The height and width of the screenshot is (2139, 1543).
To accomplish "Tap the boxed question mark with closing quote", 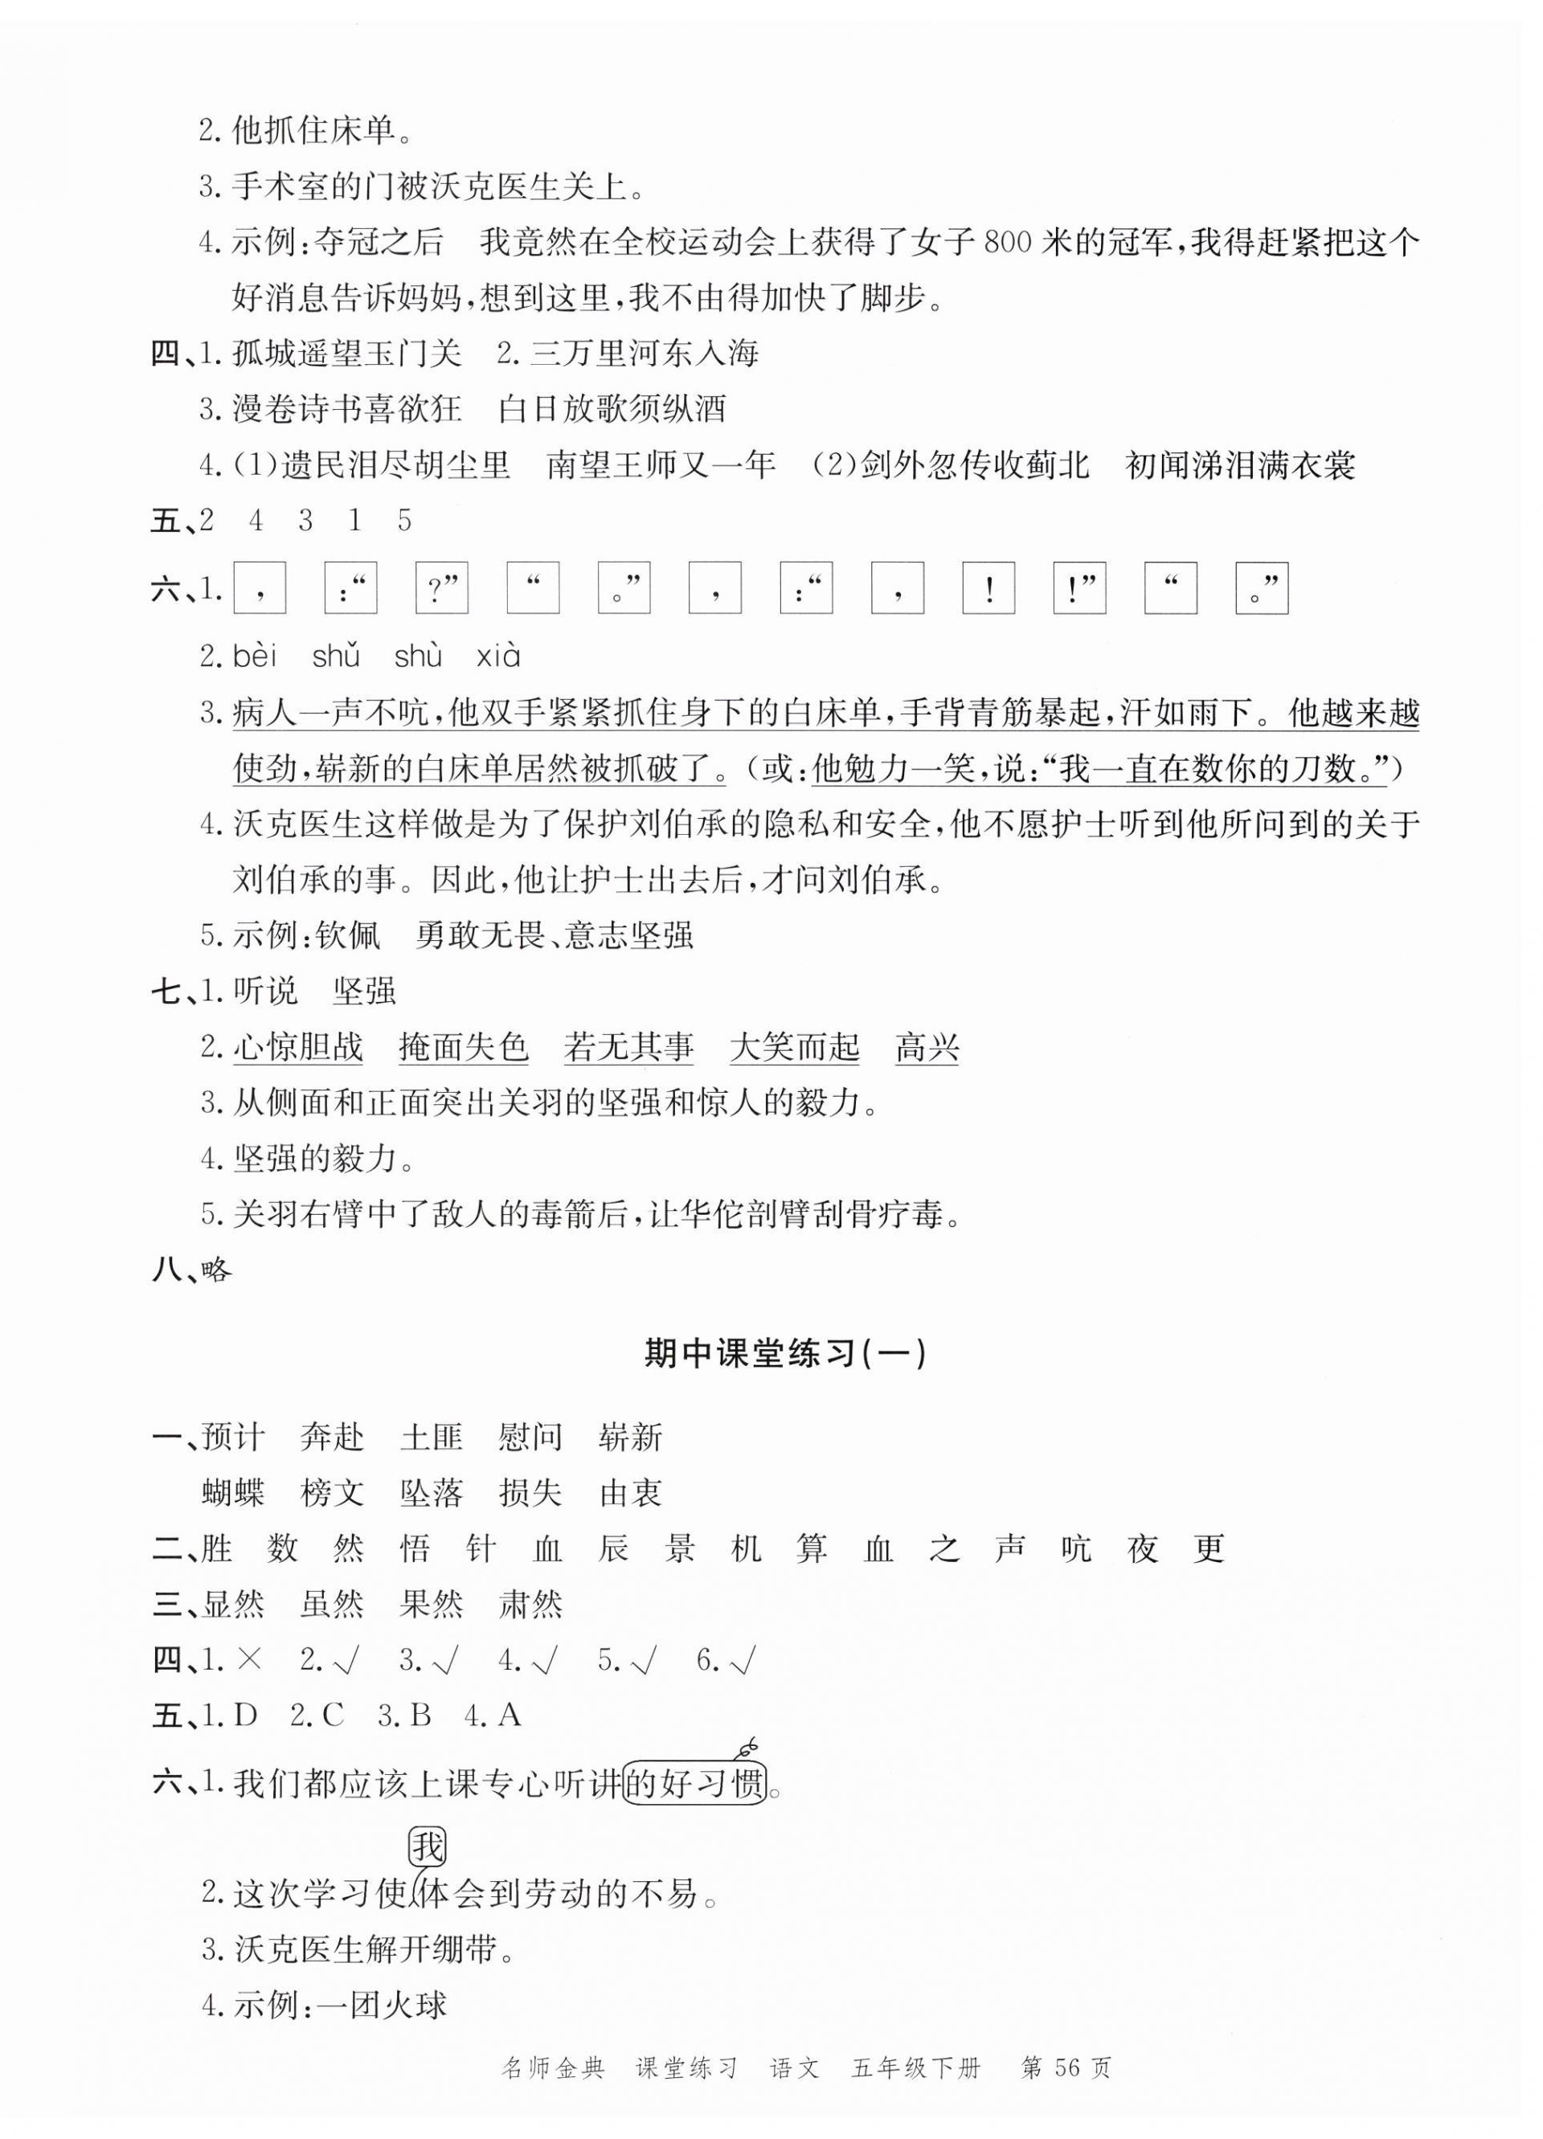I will click(441, 588).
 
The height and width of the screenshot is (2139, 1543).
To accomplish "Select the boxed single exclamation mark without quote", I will click(988, 588).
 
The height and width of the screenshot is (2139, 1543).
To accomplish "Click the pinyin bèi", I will click(255, 656).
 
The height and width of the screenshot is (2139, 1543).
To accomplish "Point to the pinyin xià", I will click(498, 656).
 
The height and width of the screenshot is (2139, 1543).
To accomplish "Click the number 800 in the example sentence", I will click(1009, 243).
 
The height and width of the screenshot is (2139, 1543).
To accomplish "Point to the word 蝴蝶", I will click(234, 1493).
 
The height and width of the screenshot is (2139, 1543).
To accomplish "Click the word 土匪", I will click(431, 1438).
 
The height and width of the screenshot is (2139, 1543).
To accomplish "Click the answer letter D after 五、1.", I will click(245, 1716).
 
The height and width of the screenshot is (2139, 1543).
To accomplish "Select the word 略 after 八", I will click(217, 1270).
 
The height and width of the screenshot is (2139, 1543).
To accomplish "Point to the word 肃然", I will click(530, 1604).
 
